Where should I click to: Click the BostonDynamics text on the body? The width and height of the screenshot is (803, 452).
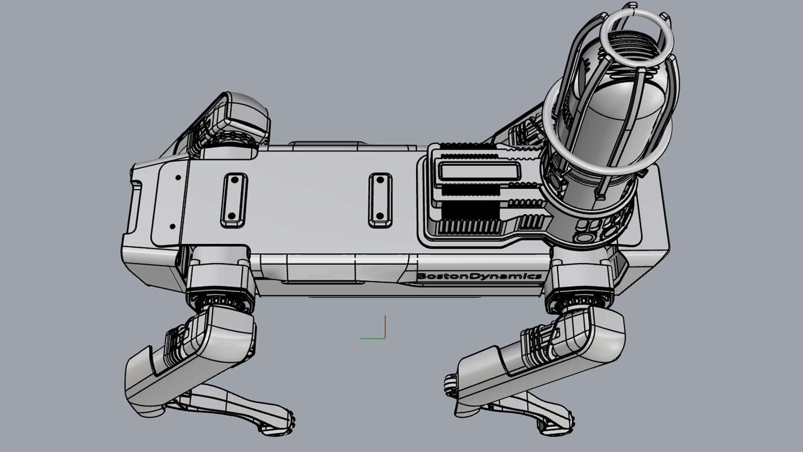pyautogui.click(x=479, y=276)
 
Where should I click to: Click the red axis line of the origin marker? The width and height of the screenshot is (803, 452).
pyautogui.click(x=385, y=326)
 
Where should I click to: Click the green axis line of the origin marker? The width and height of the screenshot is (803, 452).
pyautogui.click(x=372, y=338)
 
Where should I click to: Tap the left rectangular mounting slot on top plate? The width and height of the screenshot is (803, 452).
pyautogui.click(x=234, y=200)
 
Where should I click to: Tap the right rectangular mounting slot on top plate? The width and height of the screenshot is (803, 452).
pyautogui.click(x=380, y=200)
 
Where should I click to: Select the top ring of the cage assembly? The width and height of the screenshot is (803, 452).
pyautogui.click(x=637, y=38)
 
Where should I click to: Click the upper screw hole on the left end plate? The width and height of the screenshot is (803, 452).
pyautogui.click(x=178, y=177)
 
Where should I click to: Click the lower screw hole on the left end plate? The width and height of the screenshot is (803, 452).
pyautogui.click(x=172, y=226)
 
